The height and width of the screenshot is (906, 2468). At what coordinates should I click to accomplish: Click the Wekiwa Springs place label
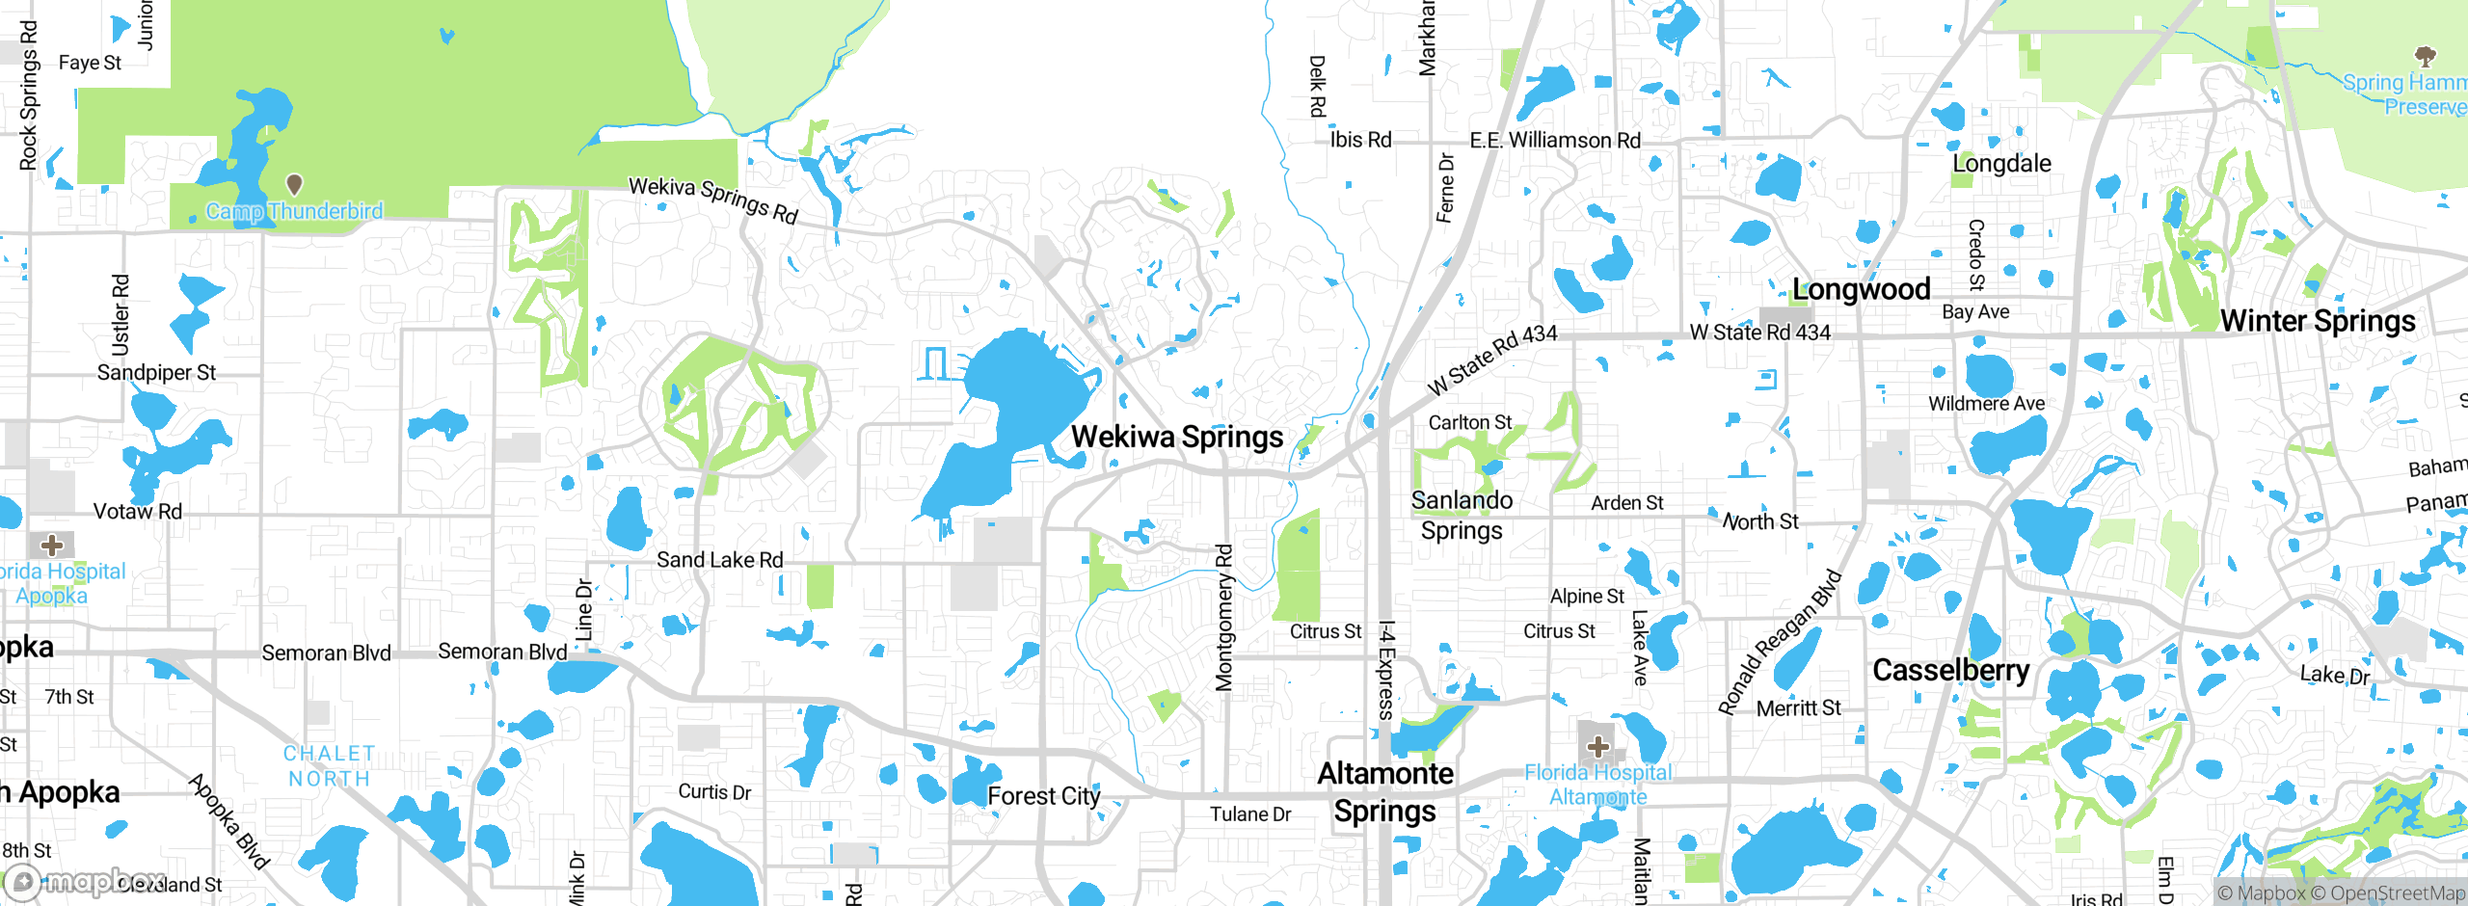pos(1176,437)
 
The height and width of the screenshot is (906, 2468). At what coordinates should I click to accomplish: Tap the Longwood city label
pos(1861,289)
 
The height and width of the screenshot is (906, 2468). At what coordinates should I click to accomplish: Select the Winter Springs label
pos(2317,321)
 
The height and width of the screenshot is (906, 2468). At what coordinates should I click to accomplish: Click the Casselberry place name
pos(1950,670)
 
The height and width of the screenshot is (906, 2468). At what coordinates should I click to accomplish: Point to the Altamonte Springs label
pos(1385,792)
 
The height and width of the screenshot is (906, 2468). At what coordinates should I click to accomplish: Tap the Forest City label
pos(1043,796)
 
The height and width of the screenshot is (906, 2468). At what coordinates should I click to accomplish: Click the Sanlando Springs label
pos(1462,515)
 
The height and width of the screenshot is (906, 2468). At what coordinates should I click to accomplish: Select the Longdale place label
pos(2001,164)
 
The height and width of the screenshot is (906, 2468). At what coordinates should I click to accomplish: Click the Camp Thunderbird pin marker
pos(295,183)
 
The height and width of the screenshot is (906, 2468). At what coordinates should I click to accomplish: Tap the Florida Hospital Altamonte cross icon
pos(1597,746)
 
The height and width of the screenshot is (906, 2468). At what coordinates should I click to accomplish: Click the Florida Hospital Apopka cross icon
pos(52,546)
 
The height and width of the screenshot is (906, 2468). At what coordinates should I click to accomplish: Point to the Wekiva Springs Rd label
pos(713,200)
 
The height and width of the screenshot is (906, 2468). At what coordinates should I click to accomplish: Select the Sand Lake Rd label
pos(719,560)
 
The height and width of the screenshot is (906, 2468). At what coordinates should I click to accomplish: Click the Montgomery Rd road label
pos(1223,618)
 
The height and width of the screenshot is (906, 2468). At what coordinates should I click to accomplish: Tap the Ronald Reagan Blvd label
pos(1780,643)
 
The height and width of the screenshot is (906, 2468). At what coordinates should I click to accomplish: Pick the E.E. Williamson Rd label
pos(1554,141)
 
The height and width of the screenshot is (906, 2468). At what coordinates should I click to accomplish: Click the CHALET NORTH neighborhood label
pos(329,766)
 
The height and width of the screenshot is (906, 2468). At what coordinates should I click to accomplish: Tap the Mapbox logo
pos(87,881)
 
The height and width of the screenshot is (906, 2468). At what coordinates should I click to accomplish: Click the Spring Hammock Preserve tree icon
pos(2425,55)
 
